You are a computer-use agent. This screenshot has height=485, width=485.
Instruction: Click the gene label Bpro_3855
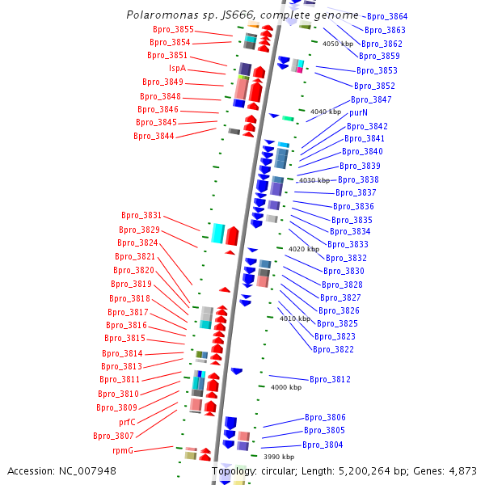point(173,29)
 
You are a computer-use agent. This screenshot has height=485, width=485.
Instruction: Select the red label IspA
point(177,68)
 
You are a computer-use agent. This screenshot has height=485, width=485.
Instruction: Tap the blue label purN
point(358,112)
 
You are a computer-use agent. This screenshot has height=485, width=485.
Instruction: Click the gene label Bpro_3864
point(387,16)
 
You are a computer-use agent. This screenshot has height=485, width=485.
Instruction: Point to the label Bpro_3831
point(141,216)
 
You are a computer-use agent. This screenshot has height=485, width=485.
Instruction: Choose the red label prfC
point(127,422)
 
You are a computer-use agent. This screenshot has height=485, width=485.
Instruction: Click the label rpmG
point(123,450)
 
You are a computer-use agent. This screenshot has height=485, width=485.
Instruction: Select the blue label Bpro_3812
point(330,379)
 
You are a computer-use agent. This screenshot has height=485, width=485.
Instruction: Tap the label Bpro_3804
point(323,445)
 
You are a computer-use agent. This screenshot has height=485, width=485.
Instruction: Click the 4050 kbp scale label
point(338,44)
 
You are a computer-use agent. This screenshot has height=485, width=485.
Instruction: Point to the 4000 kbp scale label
point(285,387)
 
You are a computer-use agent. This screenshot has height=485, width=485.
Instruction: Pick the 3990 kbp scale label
point(279,457)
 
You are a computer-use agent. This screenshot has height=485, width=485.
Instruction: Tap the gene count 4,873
point(459,470)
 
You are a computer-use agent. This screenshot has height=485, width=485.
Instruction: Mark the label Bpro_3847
point(371,99)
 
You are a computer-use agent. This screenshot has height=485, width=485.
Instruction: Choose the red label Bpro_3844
point(154,136)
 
